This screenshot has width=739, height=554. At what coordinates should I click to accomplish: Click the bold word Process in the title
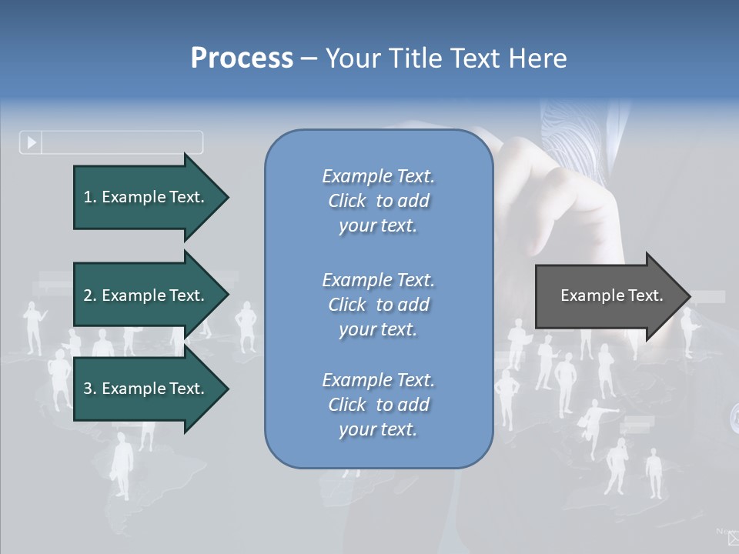coord(242,58)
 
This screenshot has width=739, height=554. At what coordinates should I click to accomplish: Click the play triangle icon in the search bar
coord(32,142)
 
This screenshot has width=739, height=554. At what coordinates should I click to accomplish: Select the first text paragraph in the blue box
coord(378,201)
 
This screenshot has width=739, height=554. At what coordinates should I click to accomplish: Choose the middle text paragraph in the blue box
coord(378,305)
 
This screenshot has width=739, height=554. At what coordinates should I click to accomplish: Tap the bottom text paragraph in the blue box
coord(378,405)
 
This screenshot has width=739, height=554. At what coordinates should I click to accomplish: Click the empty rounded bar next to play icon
coord(122,142)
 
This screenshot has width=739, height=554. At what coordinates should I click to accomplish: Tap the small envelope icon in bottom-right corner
coord(732,539)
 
